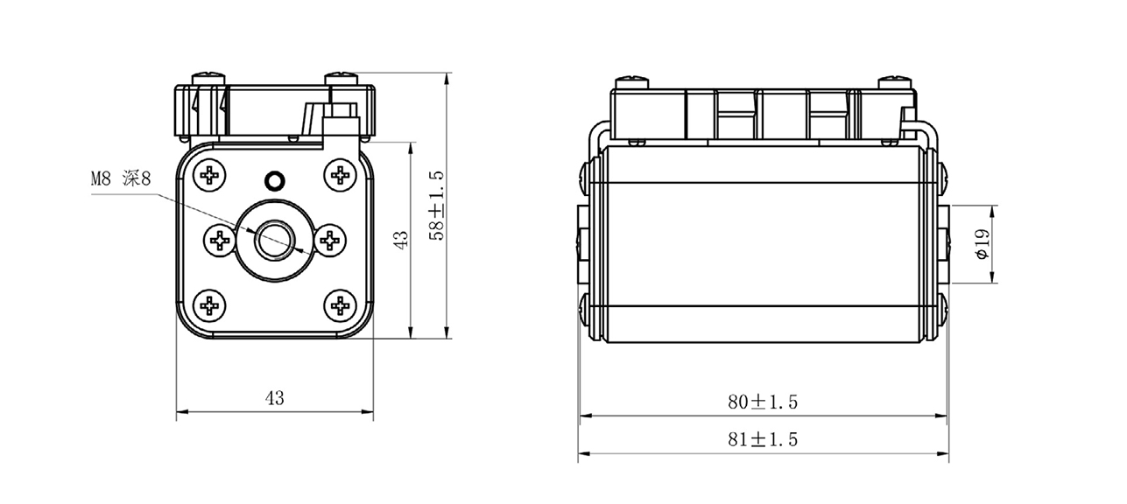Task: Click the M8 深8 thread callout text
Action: tap(122, 178)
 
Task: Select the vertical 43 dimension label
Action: tap(400, 240)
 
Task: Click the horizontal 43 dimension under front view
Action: tap(274, 398)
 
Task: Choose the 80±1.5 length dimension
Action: tap(762, 402)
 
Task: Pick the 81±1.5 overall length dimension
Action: tap(762, 439)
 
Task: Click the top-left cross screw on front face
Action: tap(210, 175)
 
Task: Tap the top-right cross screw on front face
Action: tap(339, 175)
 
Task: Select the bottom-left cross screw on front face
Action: tap(210, 305)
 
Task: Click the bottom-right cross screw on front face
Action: tap(339, 305)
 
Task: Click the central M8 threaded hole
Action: tap(274, 240)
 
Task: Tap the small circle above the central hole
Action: tap(274, 181)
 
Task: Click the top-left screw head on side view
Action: tap(632, 82)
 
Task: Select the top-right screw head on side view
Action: tap(895, 82)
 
